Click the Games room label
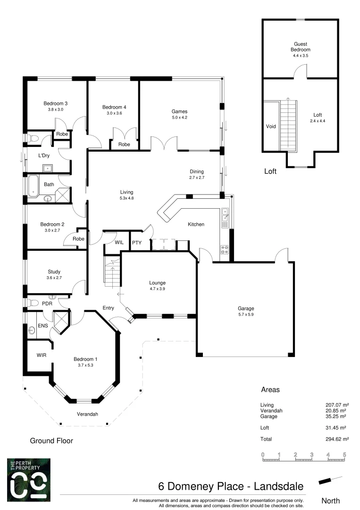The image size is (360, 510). [179, 111]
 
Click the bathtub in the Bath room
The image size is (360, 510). [33, 185]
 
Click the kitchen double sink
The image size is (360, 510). [225, 214]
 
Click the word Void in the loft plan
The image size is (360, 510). [271, 127]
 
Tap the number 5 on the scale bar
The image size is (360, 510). [345, 454]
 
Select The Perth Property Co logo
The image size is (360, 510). [28, 480]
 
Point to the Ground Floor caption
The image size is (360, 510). [51, 441]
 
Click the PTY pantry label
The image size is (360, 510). [137, 243]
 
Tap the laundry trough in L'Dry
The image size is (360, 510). [47, 168]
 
